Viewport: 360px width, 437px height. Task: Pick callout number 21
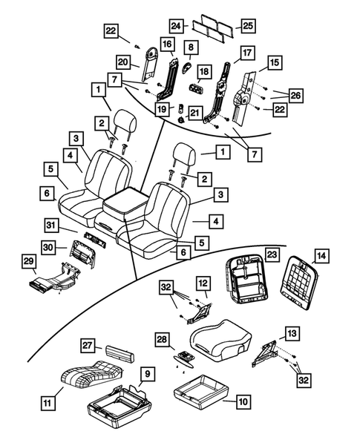point(195,112)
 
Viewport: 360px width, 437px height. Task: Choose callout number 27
point(88,346)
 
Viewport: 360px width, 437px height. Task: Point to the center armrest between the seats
point(125,202)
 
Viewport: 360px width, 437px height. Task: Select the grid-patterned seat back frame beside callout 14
point(301,283)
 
